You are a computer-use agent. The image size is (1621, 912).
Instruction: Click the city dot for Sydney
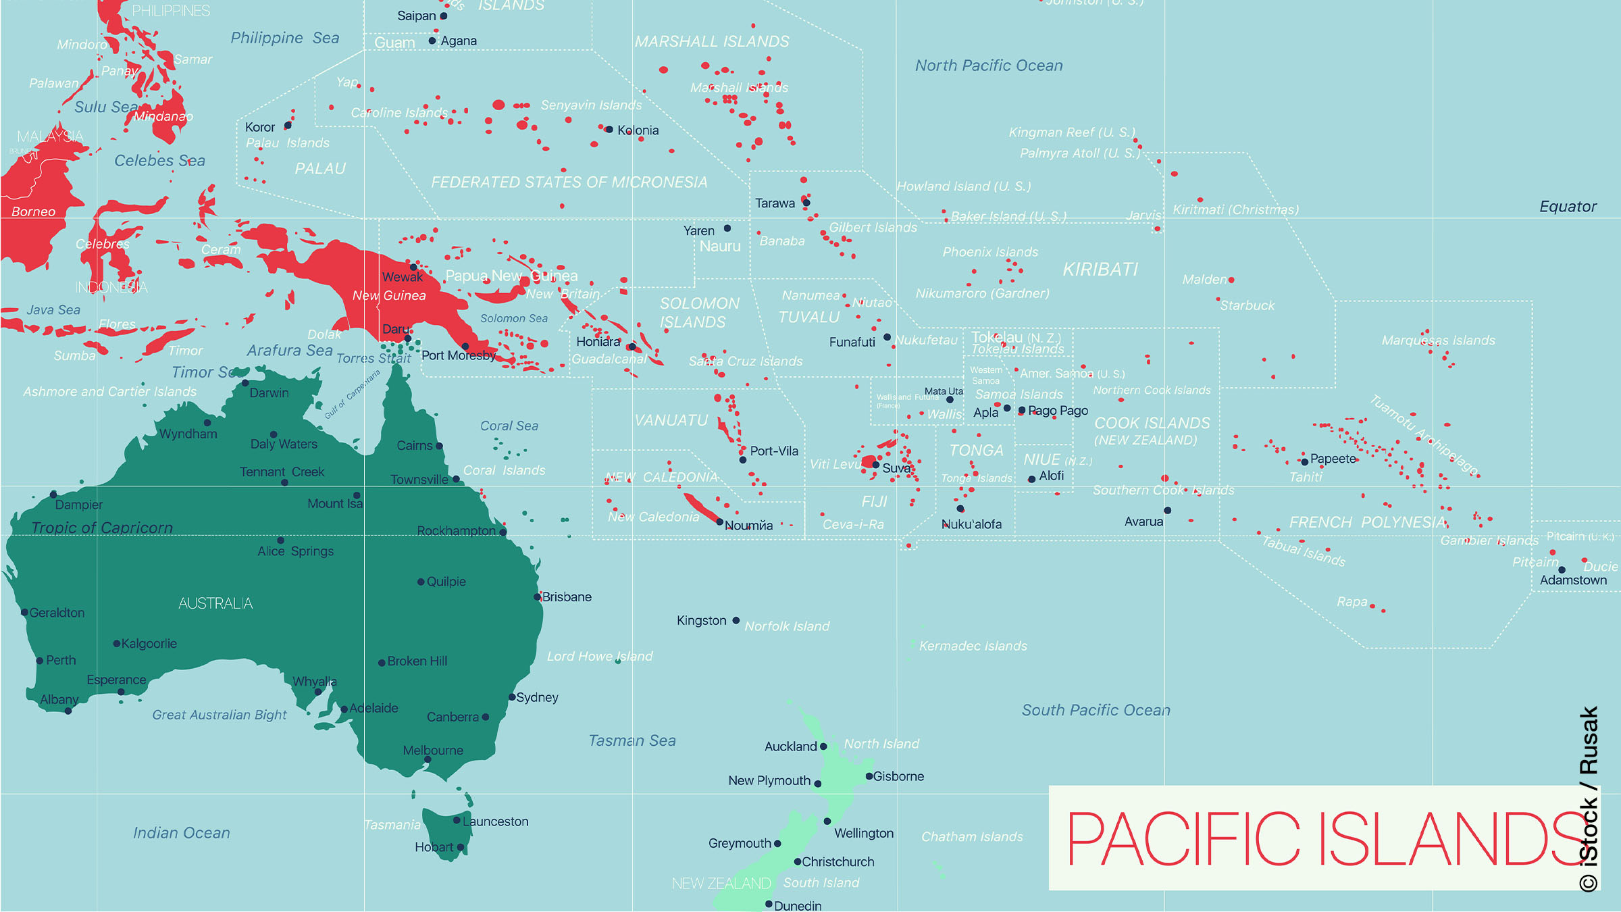tap(512, 697)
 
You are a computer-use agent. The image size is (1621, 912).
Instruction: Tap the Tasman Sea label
tap(632, 740)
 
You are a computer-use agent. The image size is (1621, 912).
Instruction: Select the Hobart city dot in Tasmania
tap(461, 847)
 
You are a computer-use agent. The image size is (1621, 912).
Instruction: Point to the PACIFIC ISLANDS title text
tap(1324, 838)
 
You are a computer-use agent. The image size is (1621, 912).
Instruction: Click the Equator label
tap(1568, 207)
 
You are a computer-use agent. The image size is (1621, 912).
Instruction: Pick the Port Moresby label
tap(459, 355)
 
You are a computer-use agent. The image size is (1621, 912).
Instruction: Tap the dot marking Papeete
tap(1305, 461)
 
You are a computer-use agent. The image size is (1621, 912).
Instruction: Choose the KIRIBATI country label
tap(1100, 270)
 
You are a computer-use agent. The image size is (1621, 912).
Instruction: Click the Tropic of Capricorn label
tap(102, 528)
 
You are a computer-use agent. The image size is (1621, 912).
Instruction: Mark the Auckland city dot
tap(823, 746)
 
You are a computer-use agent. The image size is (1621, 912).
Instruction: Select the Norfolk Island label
tap(787, 626)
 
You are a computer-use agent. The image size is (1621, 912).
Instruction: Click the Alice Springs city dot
tap(281, 540)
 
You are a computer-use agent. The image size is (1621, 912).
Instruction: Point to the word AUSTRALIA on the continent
tap(215, 603)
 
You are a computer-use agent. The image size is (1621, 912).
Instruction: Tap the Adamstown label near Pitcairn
tap(1573, 580)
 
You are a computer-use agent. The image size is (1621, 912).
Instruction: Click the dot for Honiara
tap(632, 347)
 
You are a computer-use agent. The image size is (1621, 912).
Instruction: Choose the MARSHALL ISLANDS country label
tap(712, 42)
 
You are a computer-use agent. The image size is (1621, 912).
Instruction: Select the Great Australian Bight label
tap(220, 715)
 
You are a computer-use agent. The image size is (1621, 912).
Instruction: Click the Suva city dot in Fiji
tap(876, 465)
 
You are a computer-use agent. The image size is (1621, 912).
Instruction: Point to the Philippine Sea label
tap(284, 38)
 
